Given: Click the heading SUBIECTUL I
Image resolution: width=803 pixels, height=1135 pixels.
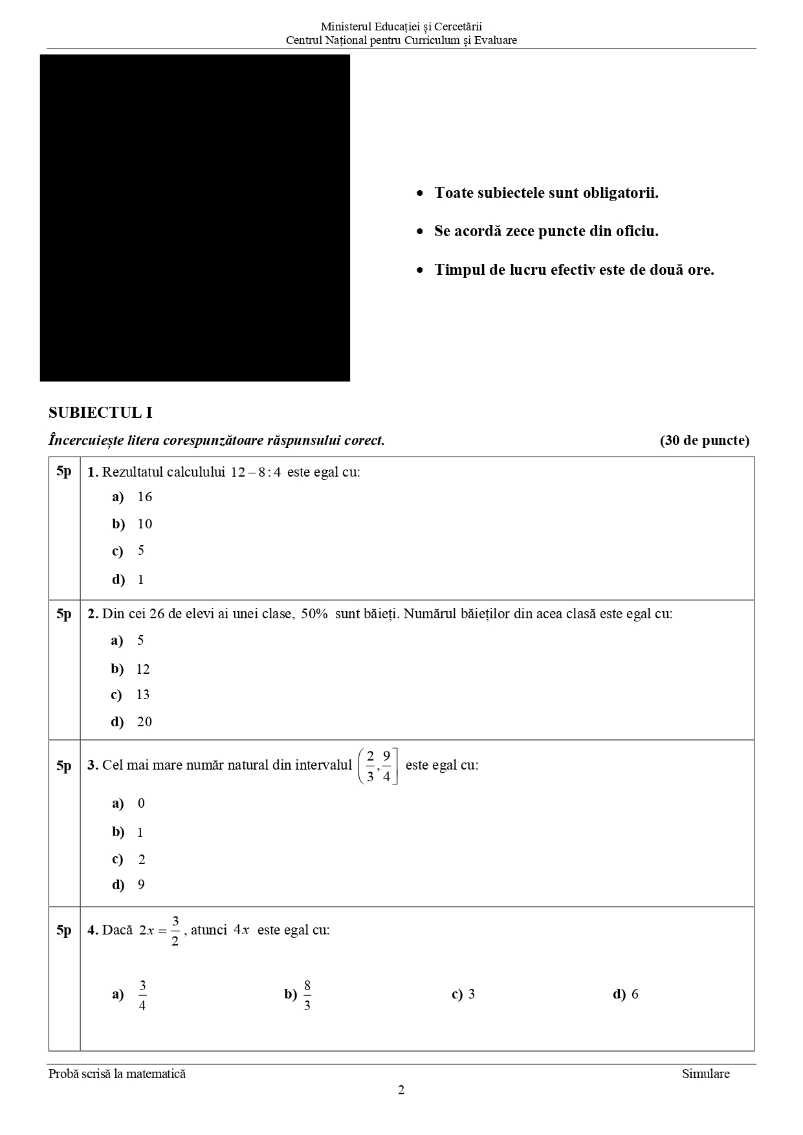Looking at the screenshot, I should coord(100,413).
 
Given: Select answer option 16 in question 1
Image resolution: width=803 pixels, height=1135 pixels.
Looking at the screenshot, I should coord(144,497).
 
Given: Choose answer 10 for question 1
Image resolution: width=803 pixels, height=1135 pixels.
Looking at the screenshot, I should coord(144,524).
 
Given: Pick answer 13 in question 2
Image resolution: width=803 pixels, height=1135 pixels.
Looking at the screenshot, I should coord(142,695).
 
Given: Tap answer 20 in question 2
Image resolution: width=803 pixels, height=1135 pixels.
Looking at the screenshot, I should coord(144,722).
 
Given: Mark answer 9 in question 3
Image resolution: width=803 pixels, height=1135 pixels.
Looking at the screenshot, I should coord(141,885).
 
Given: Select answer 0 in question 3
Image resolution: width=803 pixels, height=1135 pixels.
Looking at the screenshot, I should coord(141,803).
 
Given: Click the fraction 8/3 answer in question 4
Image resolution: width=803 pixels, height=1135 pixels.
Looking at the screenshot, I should coord(307,995).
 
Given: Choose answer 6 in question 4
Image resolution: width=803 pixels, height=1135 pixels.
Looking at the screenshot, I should coord(635,994).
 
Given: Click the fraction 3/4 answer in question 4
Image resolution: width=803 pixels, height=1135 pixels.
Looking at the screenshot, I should coord(142,995).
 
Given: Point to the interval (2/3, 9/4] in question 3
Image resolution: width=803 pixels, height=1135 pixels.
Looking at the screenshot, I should coord(378,766).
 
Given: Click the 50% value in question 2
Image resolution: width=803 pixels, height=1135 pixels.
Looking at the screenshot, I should coord(314,614).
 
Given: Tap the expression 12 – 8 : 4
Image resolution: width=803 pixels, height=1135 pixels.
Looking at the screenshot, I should coord(256,472).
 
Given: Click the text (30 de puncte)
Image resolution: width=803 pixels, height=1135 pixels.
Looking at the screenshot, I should coord(704,440).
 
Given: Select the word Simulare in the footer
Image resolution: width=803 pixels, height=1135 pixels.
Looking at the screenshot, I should coord(705,1074).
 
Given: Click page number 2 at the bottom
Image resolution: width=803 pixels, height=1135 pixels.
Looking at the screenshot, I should coord(401,1090).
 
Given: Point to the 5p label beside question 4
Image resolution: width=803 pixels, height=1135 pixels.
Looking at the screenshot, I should coord(63,930).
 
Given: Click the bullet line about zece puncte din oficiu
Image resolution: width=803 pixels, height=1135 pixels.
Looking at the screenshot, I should coord(546,231).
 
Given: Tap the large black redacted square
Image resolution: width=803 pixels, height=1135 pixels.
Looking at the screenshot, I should coord(195,218).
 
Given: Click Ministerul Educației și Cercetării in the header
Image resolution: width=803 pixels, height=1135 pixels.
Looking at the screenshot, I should coord(401,27).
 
